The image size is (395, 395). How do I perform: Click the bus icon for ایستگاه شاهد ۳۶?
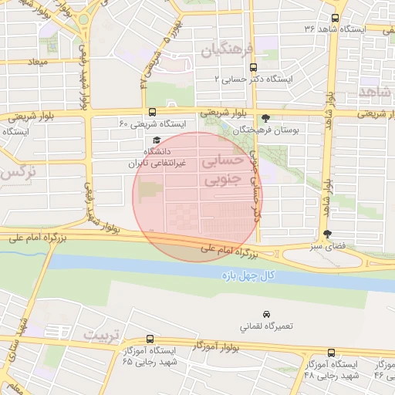[x=334, y=18]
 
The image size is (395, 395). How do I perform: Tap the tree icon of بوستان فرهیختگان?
[x=266, y=119]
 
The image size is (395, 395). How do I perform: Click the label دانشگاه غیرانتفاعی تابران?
[x=159, y=157]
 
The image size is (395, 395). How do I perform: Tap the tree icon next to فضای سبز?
[x=327, y=234]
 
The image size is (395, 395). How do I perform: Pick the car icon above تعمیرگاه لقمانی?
[x=266, y=315]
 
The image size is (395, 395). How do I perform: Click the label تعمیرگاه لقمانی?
[x=266, y=327]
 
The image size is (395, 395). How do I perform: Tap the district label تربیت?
[x=96, y=335]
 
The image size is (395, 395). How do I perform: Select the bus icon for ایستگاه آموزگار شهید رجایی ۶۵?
[x=149, y=339]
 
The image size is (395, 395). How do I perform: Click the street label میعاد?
[x=36, y=60]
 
